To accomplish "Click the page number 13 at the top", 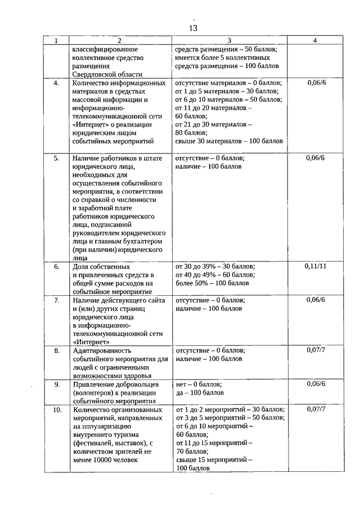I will point(193,28).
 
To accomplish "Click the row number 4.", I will point(56,83).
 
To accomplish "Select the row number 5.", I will point(56,158).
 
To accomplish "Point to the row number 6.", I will point(56,266).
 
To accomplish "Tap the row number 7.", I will point(56,301).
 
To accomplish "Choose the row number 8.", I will point(56,350).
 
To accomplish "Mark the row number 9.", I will point(56,385).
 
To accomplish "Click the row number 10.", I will point(56,409).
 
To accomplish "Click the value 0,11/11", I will point(315,265).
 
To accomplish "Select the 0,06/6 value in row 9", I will point(315,385).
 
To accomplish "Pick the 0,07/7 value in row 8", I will point(315,350).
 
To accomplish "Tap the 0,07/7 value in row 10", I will point(315,409).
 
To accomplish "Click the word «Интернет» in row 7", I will point(91,341).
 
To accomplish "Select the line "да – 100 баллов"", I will point(200,393).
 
